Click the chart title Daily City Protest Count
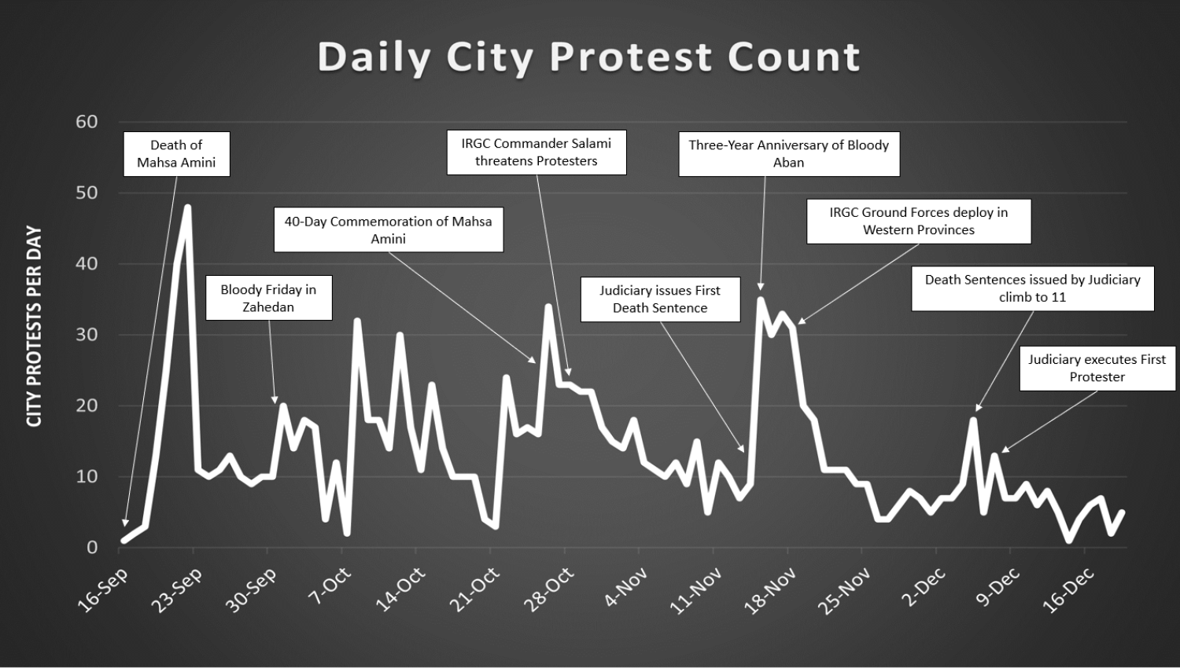coord(589,57)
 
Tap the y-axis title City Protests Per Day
coord(34,327)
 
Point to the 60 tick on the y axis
coord(87,122)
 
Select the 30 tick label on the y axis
coord(87,335)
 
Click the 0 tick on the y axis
coord(91,548)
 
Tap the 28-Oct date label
coord(550,589)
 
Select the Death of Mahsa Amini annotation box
coord(176,154)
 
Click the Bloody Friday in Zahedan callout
coord(268,298)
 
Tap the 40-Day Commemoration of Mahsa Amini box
coord(388,229)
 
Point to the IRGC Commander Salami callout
coord(537,152)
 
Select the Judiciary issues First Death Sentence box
coord(660,299)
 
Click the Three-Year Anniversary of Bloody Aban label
coord(788,154)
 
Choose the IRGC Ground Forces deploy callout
coord(918,221)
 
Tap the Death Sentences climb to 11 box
coord(1032,288)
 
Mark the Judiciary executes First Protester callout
coord(1097,369)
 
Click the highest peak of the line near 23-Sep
coord(187,207)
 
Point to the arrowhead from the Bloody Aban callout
coord(760,287)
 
